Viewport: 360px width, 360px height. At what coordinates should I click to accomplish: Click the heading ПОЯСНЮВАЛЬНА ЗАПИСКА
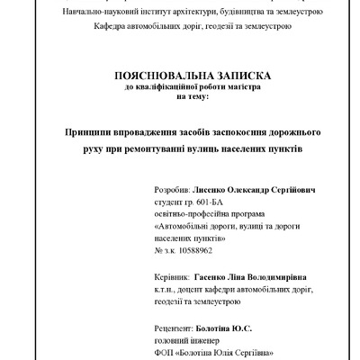pos(180,78)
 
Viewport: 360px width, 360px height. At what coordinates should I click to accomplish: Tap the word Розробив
pos(173,193)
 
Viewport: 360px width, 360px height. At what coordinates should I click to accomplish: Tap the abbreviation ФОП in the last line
pos(165,354)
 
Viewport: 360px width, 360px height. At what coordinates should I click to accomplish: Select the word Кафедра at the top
pos(112,27)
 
